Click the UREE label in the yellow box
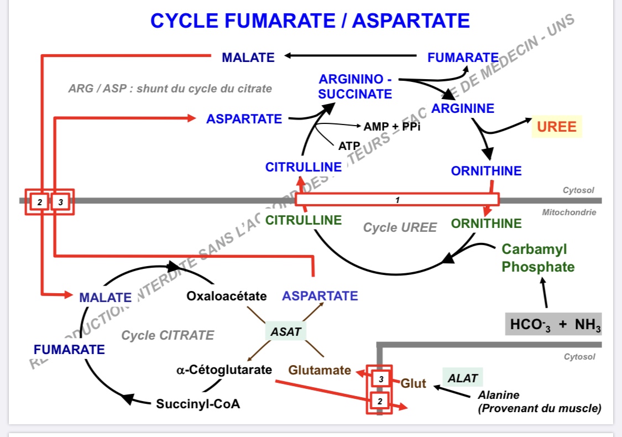point(557,127)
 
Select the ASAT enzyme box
point(286,331)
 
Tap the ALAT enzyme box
point(462,378)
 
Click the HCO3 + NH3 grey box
point(553,324)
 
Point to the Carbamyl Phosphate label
point(538,258)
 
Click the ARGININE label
point(463,108)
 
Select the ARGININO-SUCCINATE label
point(356,87)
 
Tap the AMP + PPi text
point(389,127)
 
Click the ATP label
point(349,146)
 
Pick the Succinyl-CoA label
point(198,404)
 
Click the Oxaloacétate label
point(227,296)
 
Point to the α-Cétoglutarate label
point(224,370)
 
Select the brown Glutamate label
point(320,370)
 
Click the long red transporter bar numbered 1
point(397,199)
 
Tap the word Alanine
point(499,395)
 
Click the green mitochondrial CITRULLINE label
point(304,220)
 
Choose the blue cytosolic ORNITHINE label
point(486,171)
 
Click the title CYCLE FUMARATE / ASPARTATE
point(310,21)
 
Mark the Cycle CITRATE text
point(168,335)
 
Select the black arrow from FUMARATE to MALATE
point(351,55)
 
